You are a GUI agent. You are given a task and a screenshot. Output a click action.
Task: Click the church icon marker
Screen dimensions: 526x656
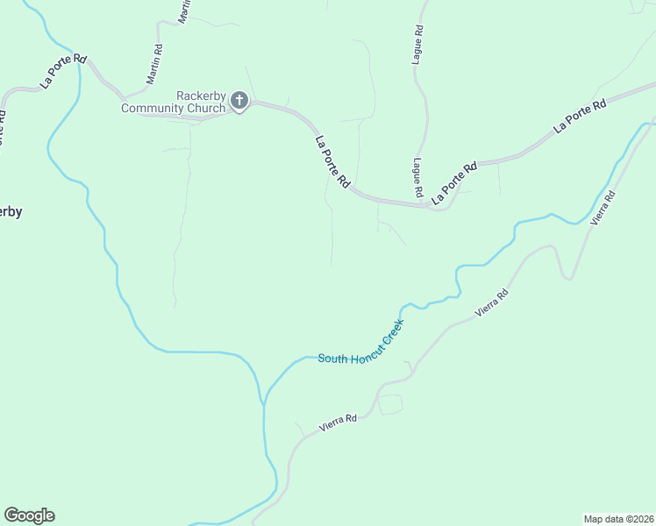point(239,102)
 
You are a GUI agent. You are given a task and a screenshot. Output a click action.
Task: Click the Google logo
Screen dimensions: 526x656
point(29,515)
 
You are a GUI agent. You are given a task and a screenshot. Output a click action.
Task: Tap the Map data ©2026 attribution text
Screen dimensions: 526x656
point(618,519)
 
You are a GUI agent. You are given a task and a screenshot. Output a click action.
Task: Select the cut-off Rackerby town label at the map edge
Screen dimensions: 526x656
point(11,211)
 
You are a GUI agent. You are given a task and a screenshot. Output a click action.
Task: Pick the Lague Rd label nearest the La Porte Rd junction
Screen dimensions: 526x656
point(418,178)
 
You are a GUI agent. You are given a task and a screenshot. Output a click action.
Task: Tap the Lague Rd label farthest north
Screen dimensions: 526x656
point(418,41)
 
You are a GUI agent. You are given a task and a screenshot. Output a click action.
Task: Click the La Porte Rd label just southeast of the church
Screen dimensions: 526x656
point(332,161)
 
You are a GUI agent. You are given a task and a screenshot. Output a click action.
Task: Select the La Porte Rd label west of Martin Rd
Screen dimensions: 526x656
point(64,71)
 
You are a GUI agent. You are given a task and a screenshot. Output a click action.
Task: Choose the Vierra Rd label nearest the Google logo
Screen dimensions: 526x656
point(338,423)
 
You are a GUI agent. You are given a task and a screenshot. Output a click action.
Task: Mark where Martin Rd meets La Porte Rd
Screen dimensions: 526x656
point(124,95)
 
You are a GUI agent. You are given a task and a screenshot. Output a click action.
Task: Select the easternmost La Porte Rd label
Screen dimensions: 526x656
point(581,117)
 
